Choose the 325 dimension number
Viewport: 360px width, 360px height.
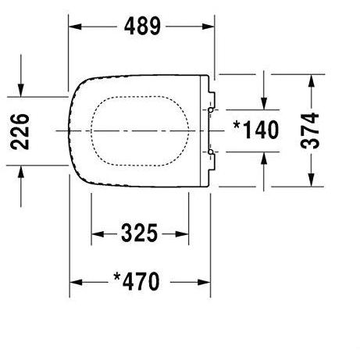[141, 233]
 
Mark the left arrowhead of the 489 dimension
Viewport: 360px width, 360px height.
[76, 27]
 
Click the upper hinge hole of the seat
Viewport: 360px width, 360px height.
[211, 111]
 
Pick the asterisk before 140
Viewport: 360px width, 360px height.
[237, 126]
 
